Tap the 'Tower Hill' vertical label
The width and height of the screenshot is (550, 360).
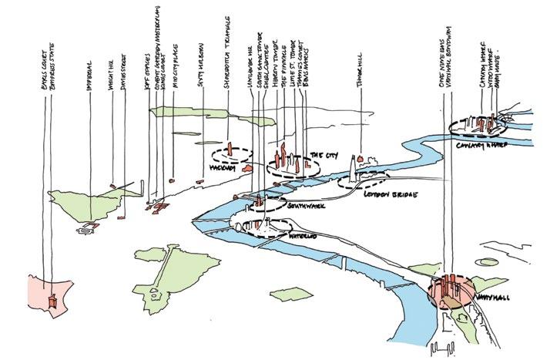(x=359, y=73)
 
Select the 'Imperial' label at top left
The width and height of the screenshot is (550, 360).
(x=90, y=72)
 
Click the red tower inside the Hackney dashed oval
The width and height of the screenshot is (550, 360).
(x=229, y=151)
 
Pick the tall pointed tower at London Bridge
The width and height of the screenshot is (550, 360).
(x=354, y=168)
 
